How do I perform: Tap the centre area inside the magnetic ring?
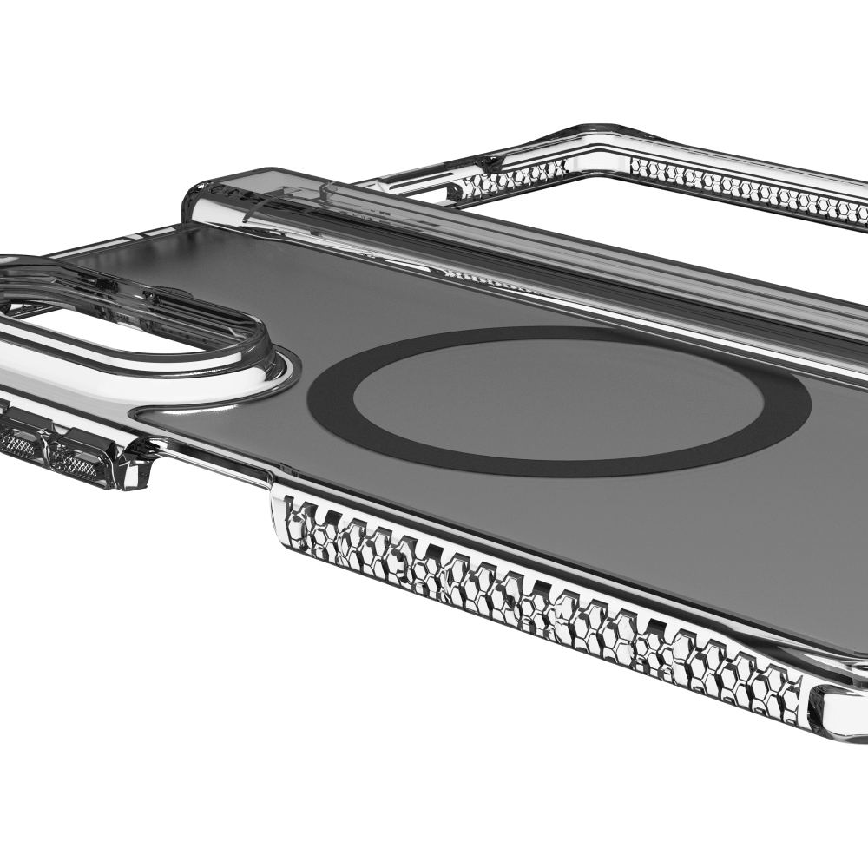(556, 401)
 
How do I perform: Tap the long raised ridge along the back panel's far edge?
(521, 247)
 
